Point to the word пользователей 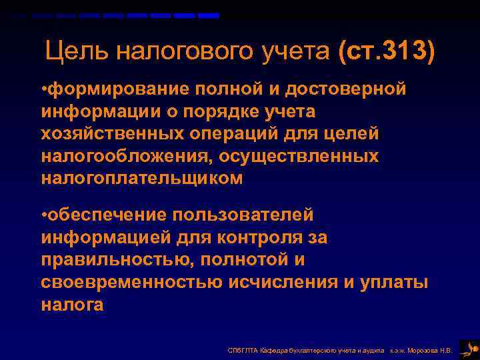[x=243, y=215]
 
